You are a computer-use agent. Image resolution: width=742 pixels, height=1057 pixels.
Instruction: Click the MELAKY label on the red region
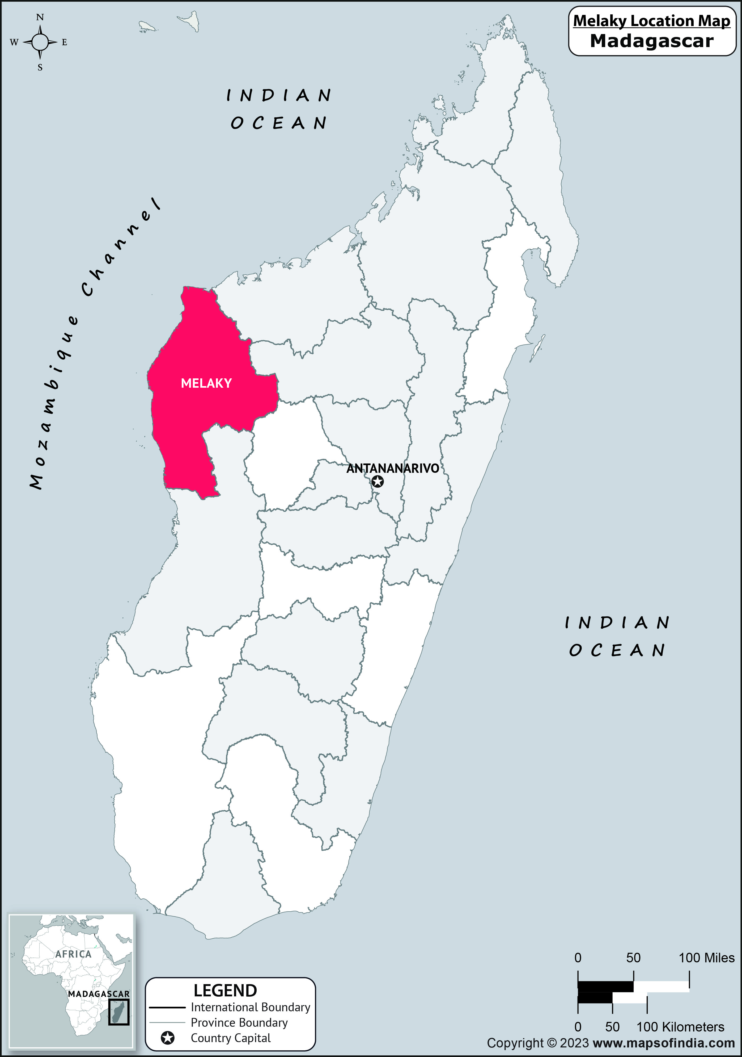206,383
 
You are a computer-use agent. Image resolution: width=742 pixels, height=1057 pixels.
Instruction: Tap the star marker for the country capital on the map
377,482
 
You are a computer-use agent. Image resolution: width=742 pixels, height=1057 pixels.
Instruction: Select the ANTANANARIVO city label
392,468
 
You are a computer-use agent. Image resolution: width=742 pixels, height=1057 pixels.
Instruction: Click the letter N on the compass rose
40,18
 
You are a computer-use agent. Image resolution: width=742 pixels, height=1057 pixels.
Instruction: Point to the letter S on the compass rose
40,67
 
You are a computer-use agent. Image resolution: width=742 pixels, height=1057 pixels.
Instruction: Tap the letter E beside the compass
64,42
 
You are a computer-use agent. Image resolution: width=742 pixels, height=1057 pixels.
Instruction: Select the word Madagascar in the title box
651,41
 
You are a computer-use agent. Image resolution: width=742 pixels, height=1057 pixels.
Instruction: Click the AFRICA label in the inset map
74,954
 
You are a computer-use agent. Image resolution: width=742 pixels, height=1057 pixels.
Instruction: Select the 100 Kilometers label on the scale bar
680,1027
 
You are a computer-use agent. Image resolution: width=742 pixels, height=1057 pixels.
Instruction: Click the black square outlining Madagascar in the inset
119,1012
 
